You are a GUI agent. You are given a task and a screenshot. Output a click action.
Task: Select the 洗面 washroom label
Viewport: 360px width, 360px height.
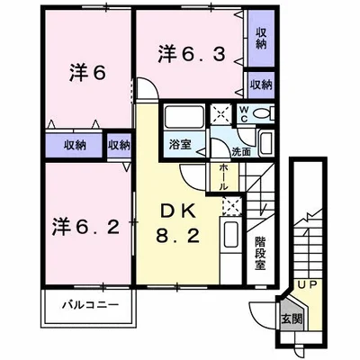pos(238,151)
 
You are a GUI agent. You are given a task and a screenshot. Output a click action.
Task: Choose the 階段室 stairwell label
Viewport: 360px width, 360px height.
pos(260,253)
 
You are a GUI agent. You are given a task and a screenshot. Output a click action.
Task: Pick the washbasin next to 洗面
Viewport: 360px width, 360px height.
pos(266,143)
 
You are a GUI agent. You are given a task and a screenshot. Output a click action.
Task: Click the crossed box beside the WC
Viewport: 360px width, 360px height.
pos(220,113)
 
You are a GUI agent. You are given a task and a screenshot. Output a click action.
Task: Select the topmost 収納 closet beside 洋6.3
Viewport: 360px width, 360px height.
pos(261,38)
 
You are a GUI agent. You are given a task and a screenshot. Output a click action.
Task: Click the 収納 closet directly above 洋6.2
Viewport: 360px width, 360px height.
pos(75,144)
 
